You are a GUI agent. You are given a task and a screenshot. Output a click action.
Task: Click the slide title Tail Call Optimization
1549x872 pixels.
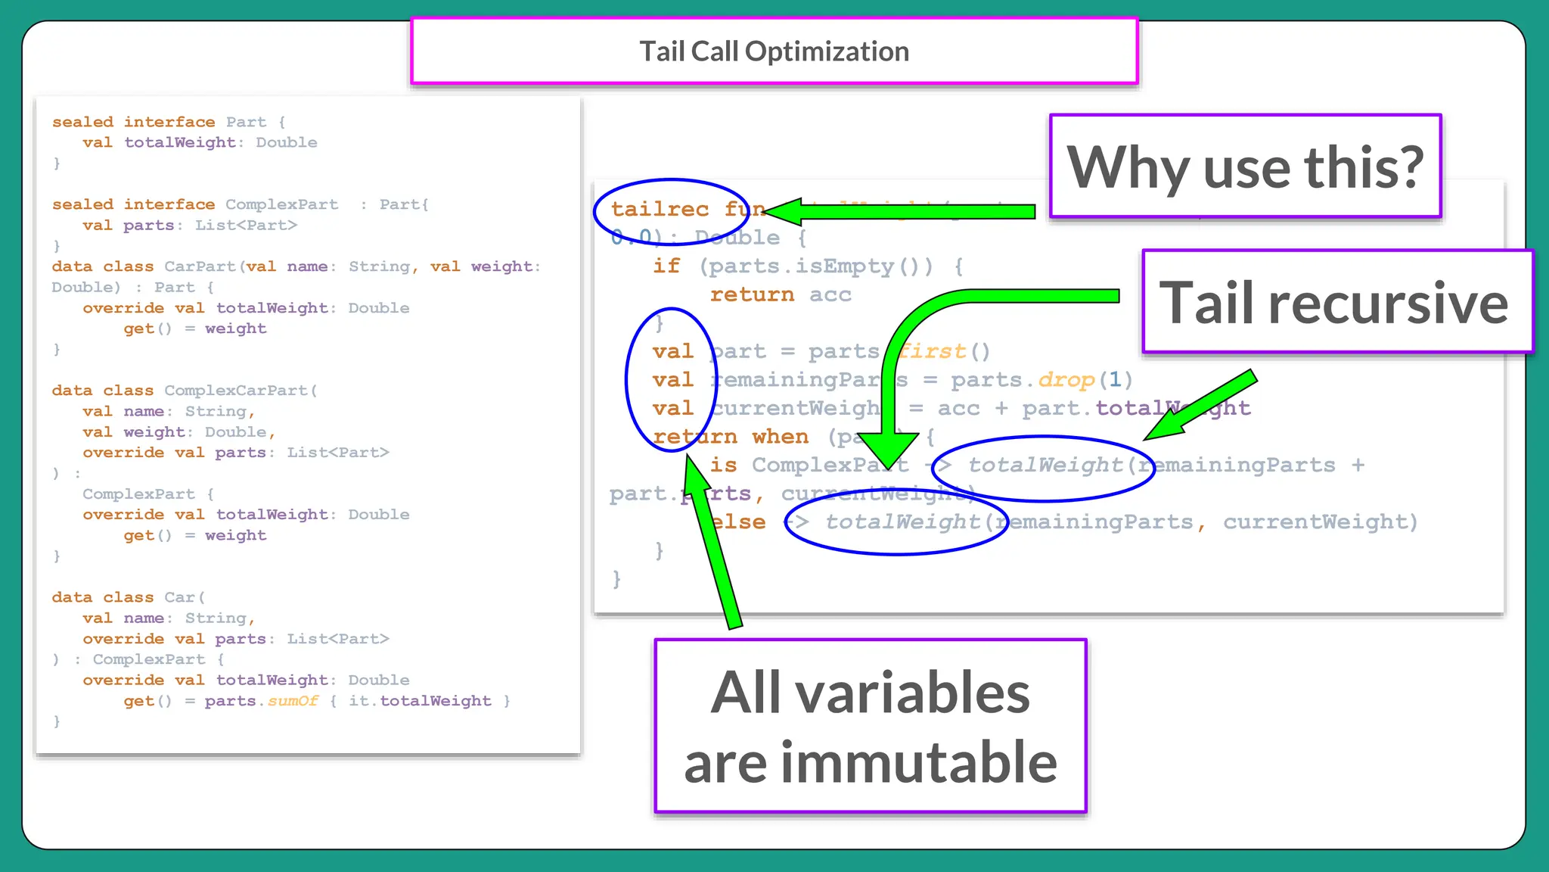tap(774, 51)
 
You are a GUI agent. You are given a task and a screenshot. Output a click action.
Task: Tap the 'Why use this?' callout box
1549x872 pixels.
tap(1245, 167)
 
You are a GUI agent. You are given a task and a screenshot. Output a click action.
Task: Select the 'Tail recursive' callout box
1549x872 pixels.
tap(1336, 302)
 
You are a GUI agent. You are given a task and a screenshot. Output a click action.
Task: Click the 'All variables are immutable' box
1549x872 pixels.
tap(870, 727)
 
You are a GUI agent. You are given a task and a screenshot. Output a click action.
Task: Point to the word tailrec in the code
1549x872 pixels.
tap(660, 209)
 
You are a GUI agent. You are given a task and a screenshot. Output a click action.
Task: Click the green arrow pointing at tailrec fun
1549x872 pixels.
tap(900, 211)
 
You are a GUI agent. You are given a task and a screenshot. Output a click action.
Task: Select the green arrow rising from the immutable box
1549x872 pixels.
tap(714, 545)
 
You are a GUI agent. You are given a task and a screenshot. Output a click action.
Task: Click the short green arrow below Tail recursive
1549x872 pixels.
tap(1203, 405)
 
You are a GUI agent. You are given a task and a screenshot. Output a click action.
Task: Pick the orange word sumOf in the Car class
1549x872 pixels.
tap(293, 701)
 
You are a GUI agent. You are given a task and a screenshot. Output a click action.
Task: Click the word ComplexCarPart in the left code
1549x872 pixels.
tap(235, 391)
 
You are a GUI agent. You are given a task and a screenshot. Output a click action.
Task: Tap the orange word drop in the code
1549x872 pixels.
tap(1066, 379)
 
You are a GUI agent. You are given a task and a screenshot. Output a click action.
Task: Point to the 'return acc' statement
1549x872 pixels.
tap(780, 294)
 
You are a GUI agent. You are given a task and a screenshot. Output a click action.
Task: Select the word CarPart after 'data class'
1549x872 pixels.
tap(200, 266)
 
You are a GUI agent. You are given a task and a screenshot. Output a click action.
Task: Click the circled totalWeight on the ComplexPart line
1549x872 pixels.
tap(1045, 466)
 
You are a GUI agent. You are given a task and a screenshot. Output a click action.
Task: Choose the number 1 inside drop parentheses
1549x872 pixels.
tap(1115, 379)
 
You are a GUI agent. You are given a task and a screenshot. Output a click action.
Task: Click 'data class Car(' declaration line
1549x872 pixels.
tap(129, 597)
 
